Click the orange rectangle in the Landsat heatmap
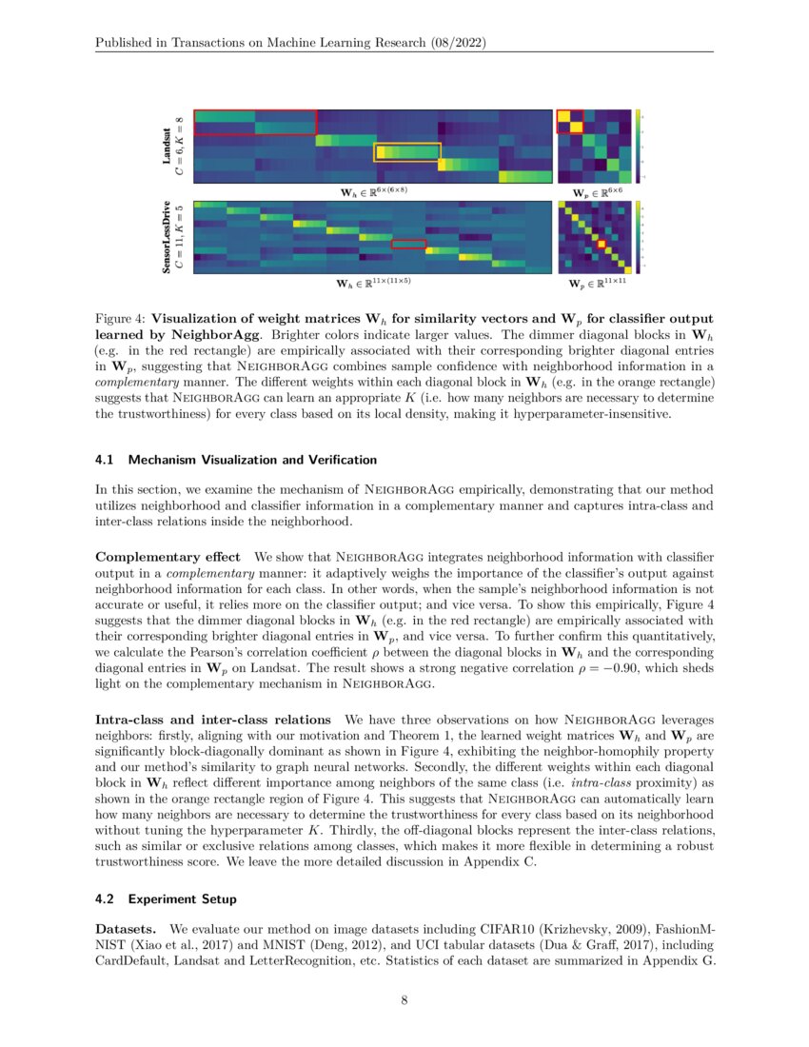coord(407,151)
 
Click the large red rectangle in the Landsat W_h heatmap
coord(254,122)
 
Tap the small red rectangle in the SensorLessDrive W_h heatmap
coord(408,244)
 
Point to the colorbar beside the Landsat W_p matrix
coord(641,147)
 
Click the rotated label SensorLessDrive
coord(167,237)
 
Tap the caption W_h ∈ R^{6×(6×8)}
coord(374,191)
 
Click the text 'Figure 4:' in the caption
coord(120,318)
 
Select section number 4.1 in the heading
coord(104,461)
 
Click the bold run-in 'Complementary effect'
coord(168,556)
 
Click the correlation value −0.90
coord(567,670)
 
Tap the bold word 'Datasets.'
coord(127,927)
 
